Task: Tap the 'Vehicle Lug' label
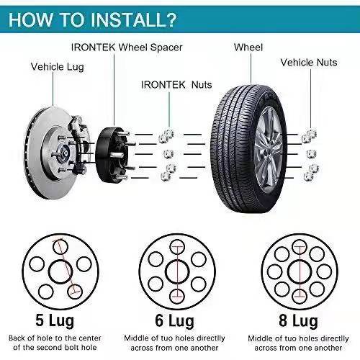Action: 58,67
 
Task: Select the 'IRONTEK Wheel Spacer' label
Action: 127,48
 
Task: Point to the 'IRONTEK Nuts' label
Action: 176,85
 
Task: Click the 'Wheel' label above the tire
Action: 248,48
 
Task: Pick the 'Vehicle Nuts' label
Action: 309,63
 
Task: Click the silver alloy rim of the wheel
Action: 268,149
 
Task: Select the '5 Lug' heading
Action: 55,320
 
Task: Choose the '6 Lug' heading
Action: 174,320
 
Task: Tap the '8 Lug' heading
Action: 298,320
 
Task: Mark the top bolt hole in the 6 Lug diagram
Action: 177,247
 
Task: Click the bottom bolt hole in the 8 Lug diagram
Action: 300,297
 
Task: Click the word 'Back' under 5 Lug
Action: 17,338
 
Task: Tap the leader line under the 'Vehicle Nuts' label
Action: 310,99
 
